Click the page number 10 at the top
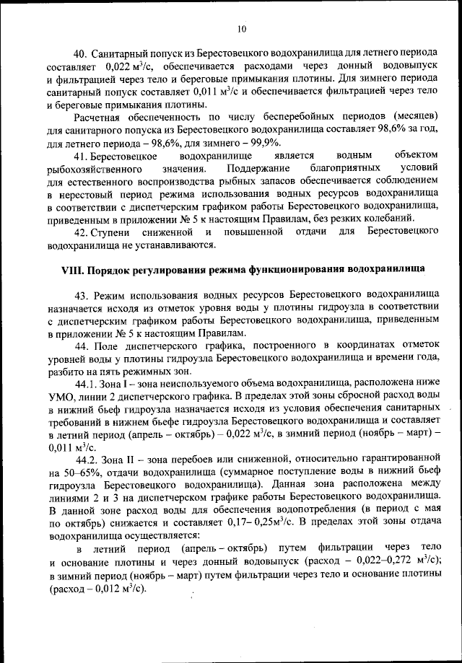241,28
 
